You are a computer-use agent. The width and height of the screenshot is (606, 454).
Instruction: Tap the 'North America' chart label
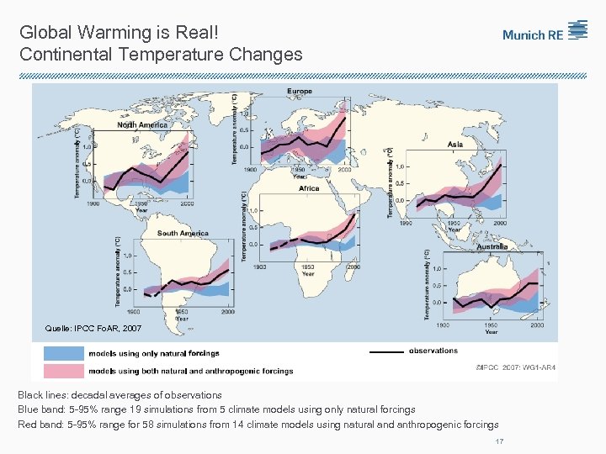pos(142,124)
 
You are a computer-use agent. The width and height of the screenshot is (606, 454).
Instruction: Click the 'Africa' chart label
pos(309,188)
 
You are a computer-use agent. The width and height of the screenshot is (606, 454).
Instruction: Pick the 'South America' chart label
pos(183,233)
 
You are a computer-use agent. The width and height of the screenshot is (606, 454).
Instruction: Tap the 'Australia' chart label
pos(492,246)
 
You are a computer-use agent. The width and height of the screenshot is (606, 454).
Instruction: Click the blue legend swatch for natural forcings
pos(64,354)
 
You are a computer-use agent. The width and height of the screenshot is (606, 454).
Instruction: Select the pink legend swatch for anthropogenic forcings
pos(64,370)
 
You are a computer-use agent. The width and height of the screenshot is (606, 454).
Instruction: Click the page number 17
pos(499,441)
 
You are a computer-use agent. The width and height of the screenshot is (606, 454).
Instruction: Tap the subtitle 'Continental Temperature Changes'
pos(160,55)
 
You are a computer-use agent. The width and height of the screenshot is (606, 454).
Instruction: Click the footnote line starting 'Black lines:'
pos(120,394)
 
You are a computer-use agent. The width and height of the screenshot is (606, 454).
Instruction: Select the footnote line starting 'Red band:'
pos(258,425)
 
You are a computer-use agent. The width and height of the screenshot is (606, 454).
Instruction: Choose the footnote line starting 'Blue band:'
pos(216,409)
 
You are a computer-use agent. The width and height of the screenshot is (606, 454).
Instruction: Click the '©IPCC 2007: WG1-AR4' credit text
pos(515,367)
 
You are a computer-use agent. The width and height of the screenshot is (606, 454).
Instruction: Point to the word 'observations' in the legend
pos(433,351)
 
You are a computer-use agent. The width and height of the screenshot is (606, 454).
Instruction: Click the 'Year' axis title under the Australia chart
pos(491,331)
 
